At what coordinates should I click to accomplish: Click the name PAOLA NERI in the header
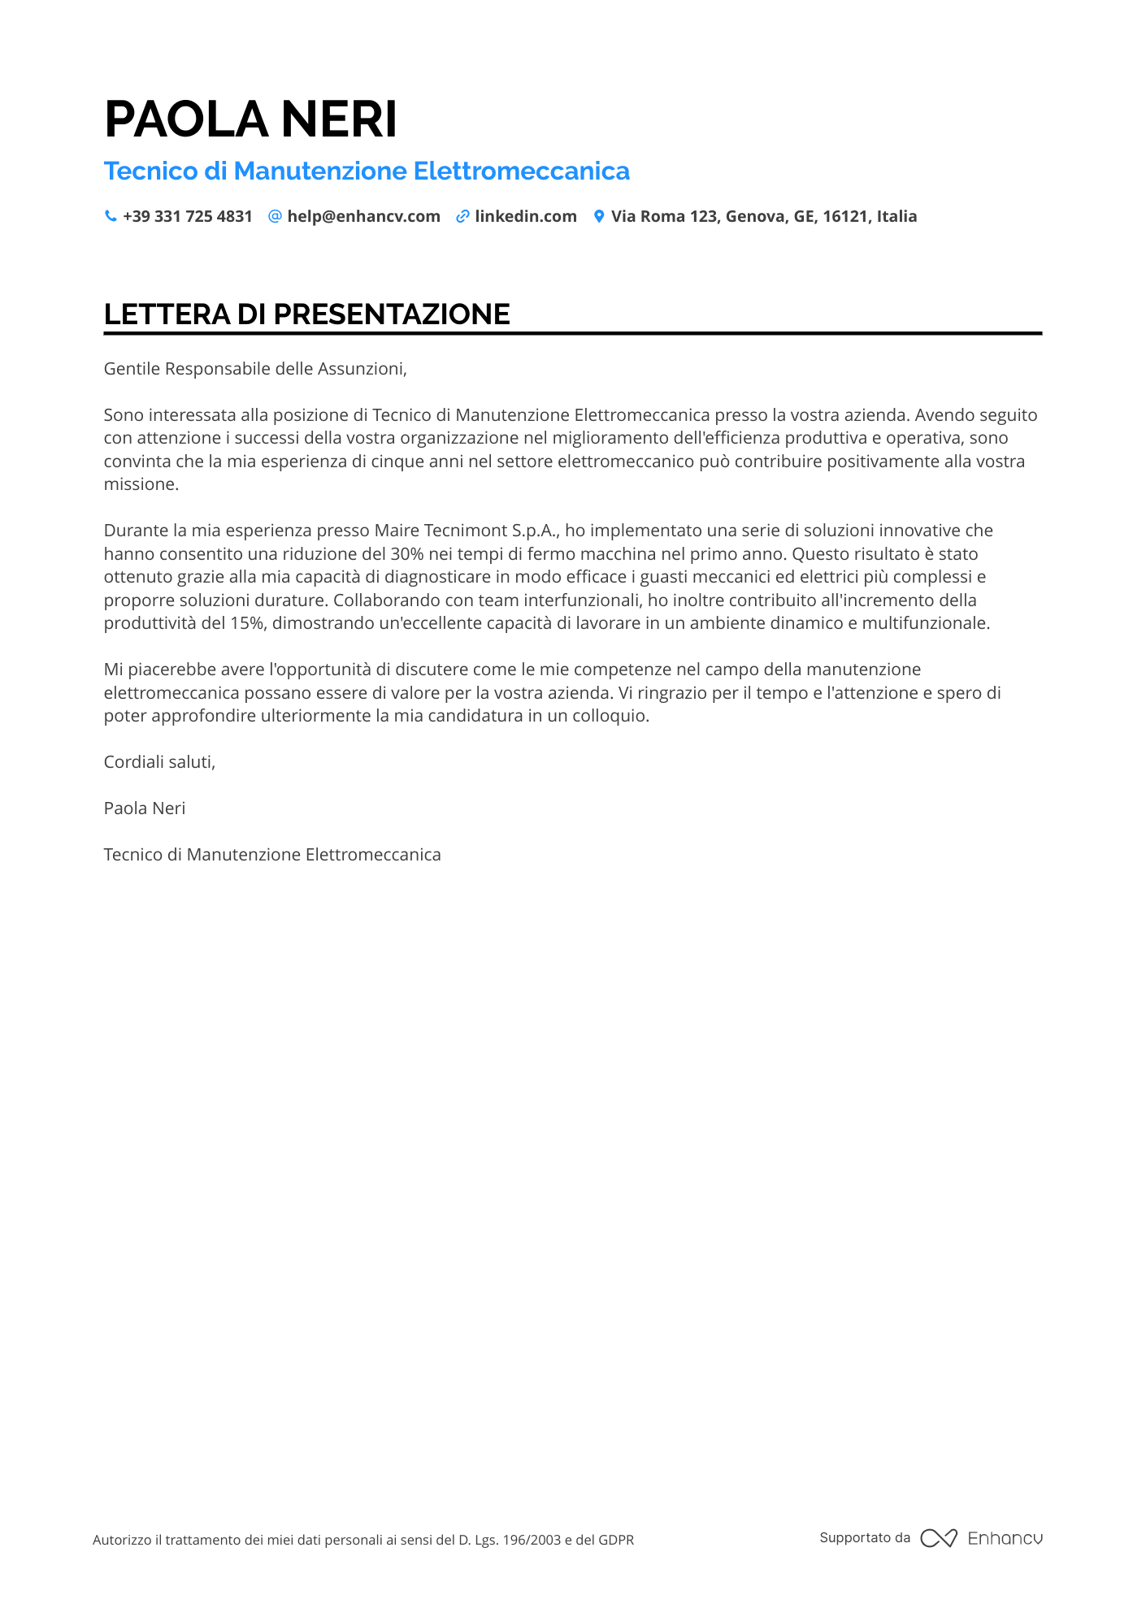(x=250, y=119)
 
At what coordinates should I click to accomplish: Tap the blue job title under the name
(x=367, y=171)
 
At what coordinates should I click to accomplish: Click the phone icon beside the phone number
(x=111, y=216)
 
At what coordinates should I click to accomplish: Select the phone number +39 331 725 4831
(x=188, y=216)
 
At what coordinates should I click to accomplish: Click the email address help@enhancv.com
(x=363, y=216)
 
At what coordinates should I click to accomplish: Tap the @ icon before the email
(x=275, y=216)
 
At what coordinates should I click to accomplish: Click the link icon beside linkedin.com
(x=462, y=216)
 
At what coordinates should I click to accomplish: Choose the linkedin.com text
(x=526, y=216)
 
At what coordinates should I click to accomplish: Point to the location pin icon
(x=599, y=216)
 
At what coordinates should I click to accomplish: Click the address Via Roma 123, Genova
(x=763, y=216)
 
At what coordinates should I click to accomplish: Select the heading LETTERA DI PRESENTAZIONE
(x=306, y=314)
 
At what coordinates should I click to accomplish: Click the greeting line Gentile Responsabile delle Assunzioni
(x=255, y=369)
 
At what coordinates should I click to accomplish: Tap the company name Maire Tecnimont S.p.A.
(x=467, y=531)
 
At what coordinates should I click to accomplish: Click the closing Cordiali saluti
(x=159, y=762)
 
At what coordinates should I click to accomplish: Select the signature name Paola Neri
(x=145, y=808)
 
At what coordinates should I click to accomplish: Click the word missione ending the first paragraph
(x=141, y=484)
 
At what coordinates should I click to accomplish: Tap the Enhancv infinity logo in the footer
(x=939, y=1538)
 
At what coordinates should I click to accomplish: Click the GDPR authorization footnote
(x=363, y=1540)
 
